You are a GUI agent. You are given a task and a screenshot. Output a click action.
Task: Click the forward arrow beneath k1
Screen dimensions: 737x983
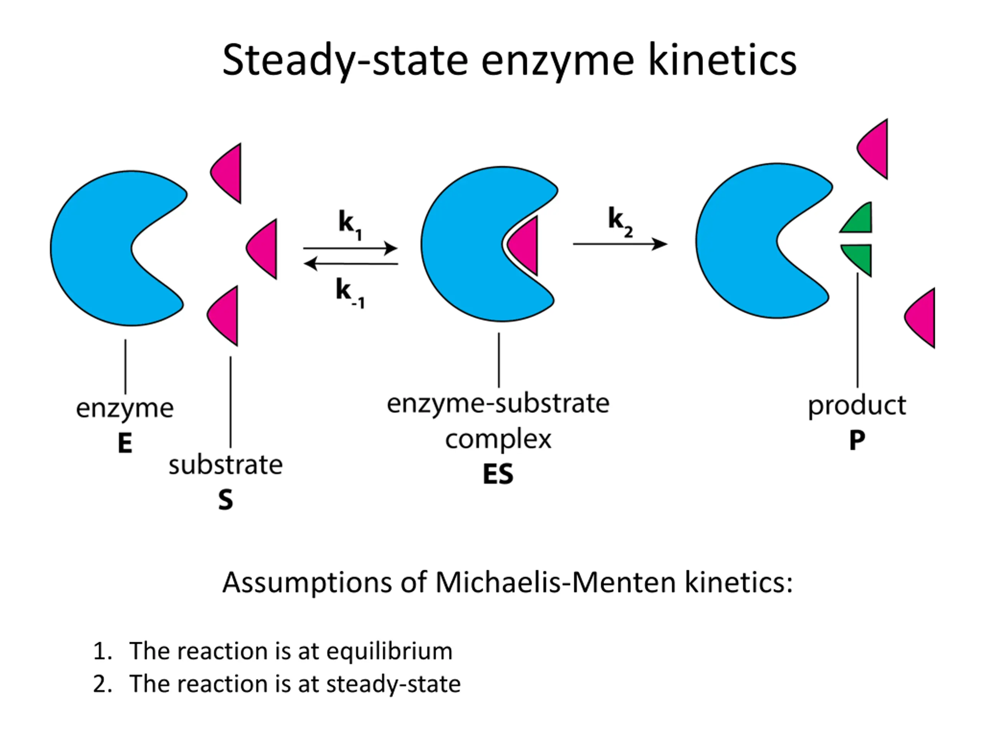point(350,248)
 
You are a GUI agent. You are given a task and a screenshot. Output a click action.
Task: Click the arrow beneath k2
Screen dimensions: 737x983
point(620,244)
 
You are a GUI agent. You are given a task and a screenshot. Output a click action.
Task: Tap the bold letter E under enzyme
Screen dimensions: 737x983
point(125,443)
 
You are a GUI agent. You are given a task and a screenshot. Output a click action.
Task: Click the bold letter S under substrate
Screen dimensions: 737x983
point(225,500)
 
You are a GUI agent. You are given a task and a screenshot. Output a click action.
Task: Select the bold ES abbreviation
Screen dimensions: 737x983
point(498,474)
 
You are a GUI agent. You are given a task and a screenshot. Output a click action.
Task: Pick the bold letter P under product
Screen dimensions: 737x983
point(857,441)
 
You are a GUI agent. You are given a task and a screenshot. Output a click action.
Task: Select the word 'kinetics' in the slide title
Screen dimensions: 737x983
point(722,60)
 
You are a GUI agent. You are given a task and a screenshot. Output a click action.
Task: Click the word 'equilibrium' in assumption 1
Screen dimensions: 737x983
point(389,652)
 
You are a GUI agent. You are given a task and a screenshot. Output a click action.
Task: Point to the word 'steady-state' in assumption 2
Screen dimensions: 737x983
point(393,684)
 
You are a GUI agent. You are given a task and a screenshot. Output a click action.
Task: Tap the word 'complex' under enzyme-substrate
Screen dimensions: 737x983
point(498,440)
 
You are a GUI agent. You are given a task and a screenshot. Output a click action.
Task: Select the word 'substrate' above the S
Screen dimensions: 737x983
point(225,465)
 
